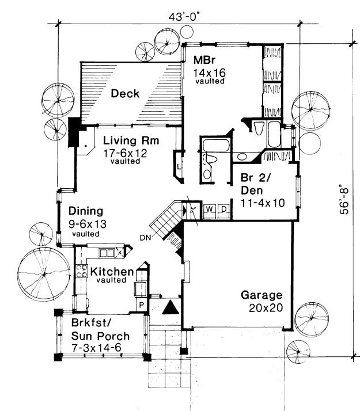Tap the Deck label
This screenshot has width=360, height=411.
pyautogui.click(x=125, y=94)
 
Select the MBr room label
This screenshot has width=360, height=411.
pyautogui.click(x=204, y=60)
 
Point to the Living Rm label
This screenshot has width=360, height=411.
pyautogui.click(x=131, y=140)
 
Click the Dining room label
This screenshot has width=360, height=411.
pyautogui.click(x=86, y=211)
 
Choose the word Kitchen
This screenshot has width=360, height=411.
pyautogui.click(x=112, y=272)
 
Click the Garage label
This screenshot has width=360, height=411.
pyautogui.click(x=262, y=295)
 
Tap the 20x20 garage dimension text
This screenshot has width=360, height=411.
pyautogui.click(x=266, y=308)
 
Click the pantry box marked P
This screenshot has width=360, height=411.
pyautogui.click(x=142, y=305)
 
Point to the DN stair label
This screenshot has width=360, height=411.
pyautogui.click(x=145, y=238)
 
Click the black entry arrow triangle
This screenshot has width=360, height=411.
pyautogui.click(x=170, y=307)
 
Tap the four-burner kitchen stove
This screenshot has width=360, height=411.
pyautogui.click(x=82, y=271)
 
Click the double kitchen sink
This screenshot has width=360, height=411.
pyautogui.click(x=107, y=253)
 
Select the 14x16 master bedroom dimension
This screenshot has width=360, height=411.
pyautogui.click(x=209, y=73)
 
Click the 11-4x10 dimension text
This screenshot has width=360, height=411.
pyautogui.click(x=263, y=203)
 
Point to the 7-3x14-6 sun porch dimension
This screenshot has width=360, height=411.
pyautogui.click(x=97, y=348)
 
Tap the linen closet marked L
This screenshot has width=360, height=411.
pyautogui.click(x=179, y=166)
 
